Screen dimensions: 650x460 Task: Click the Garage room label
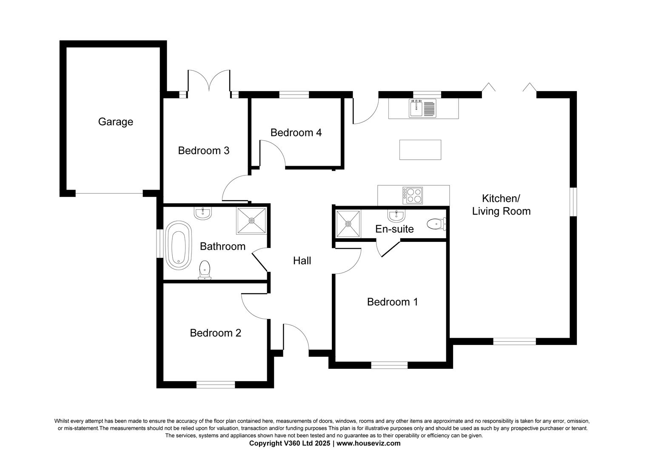pos(115,122)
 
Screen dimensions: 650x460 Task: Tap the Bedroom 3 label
pos(204,150)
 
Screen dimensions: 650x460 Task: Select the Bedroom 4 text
pos(296,132)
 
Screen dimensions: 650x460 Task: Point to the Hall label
pos(302,261)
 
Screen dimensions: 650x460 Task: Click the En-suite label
pos(394,229)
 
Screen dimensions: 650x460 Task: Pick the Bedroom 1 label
pos(392,302)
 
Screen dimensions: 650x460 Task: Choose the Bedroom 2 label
pos(216,333)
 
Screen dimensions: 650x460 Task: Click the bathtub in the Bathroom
pos(179,245)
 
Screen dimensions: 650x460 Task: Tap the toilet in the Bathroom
pos(205,270)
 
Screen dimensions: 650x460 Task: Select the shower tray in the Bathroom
pos(251,221)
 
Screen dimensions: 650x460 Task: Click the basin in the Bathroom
pos(203,213)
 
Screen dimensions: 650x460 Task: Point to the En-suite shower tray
pos(348,224)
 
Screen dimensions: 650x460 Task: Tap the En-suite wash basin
pos(396,216)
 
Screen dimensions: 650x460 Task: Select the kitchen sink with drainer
pos(422,108)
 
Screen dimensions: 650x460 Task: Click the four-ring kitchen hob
pos(413,195)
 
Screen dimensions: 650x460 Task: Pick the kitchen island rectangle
pos(420,149)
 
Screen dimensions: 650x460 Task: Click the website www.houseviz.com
pos(368,443)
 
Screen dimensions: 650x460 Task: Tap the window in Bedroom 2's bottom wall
pos(216,385)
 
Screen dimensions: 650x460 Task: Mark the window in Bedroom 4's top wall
pos(294,95)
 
